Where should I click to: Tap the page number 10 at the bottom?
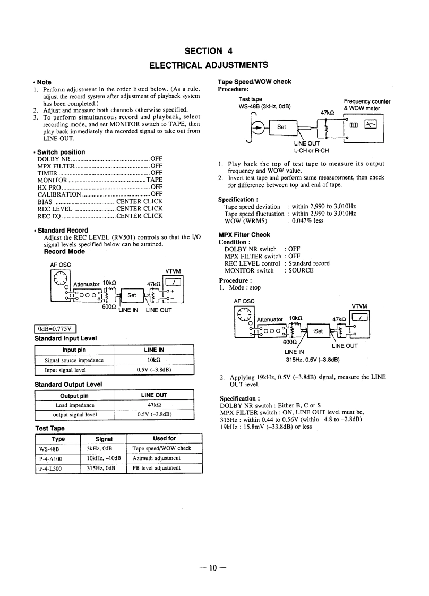click(x=213, y=567)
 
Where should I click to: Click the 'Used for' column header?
click(x=164, y=439)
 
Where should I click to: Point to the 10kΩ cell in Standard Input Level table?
click(x=153, y=360)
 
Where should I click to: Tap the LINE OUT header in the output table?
click(x=154, y=395)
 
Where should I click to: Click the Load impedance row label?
click(x=74, y=405)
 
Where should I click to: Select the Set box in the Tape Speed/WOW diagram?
click(x=281, y=127)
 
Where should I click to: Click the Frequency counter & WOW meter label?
click(x=367, y=105)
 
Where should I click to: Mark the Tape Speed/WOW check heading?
click(x=254, y=82)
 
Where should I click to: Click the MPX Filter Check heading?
click(x=244, y=234)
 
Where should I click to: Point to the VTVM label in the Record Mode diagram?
click(x=174, y=270)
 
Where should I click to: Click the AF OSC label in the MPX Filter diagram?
click(x=244, y=301)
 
